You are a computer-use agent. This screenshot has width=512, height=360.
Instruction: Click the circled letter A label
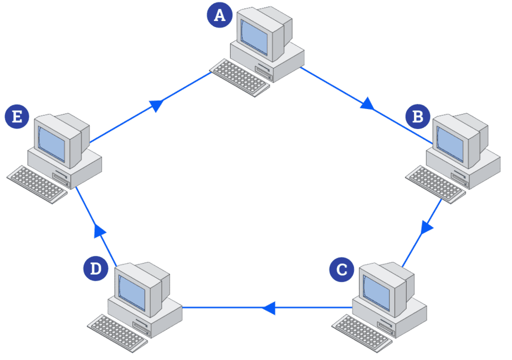coord(220,15)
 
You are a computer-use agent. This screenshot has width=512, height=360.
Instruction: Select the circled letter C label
coord(341,270)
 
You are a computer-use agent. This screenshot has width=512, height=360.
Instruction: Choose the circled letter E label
coord(17,117)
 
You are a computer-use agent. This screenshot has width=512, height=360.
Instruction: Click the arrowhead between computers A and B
coord(367,104)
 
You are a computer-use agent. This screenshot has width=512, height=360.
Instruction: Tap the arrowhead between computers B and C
coord(427,227)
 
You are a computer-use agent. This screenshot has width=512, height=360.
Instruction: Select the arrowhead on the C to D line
coord(269,307)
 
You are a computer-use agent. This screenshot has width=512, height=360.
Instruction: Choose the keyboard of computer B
coord(435,183)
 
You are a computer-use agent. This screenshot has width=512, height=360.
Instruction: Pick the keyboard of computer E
coord(37,183)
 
